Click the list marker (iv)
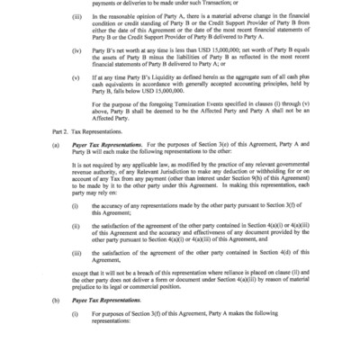78,66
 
